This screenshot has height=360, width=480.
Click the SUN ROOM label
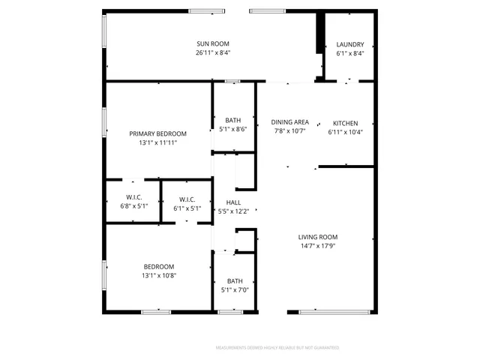[212, 43]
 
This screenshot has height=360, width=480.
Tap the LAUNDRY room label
[350, 44]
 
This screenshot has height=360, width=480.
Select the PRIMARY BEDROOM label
[157, 133]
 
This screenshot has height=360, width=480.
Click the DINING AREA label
[289, 122]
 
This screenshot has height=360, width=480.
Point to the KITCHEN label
[345, 123]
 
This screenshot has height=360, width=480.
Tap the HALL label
[233, 202]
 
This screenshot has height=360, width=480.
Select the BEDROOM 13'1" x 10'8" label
[159, 266]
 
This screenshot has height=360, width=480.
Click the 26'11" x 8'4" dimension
[212, 53]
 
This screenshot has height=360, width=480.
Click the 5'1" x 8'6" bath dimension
[233, 129]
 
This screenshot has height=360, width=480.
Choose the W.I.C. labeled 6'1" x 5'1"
[187, 208]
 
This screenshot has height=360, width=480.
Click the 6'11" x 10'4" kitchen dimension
[345, 132]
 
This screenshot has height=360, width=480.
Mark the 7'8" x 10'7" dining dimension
[289, 132]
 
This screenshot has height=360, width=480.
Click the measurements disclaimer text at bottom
[277, 348]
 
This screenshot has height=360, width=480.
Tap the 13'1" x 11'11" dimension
[157, 142]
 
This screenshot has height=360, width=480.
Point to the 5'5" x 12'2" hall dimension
[233, 211]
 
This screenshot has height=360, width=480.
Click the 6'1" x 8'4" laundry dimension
[350, 53]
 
